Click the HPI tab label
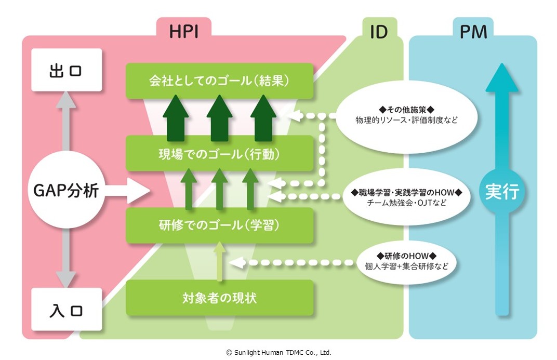[x=183, y=31]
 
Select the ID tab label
[x=378, y=31]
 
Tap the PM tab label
[x=473, y=31]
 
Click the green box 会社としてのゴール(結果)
[x=219, y=81]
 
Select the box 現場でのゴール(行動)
[x=219, y=153]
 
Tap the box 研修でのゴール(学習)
[x=219, y=225]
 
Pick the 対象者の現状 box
[x=219, y=298]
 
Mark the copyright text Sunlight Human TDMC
[x=278, y=352]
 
